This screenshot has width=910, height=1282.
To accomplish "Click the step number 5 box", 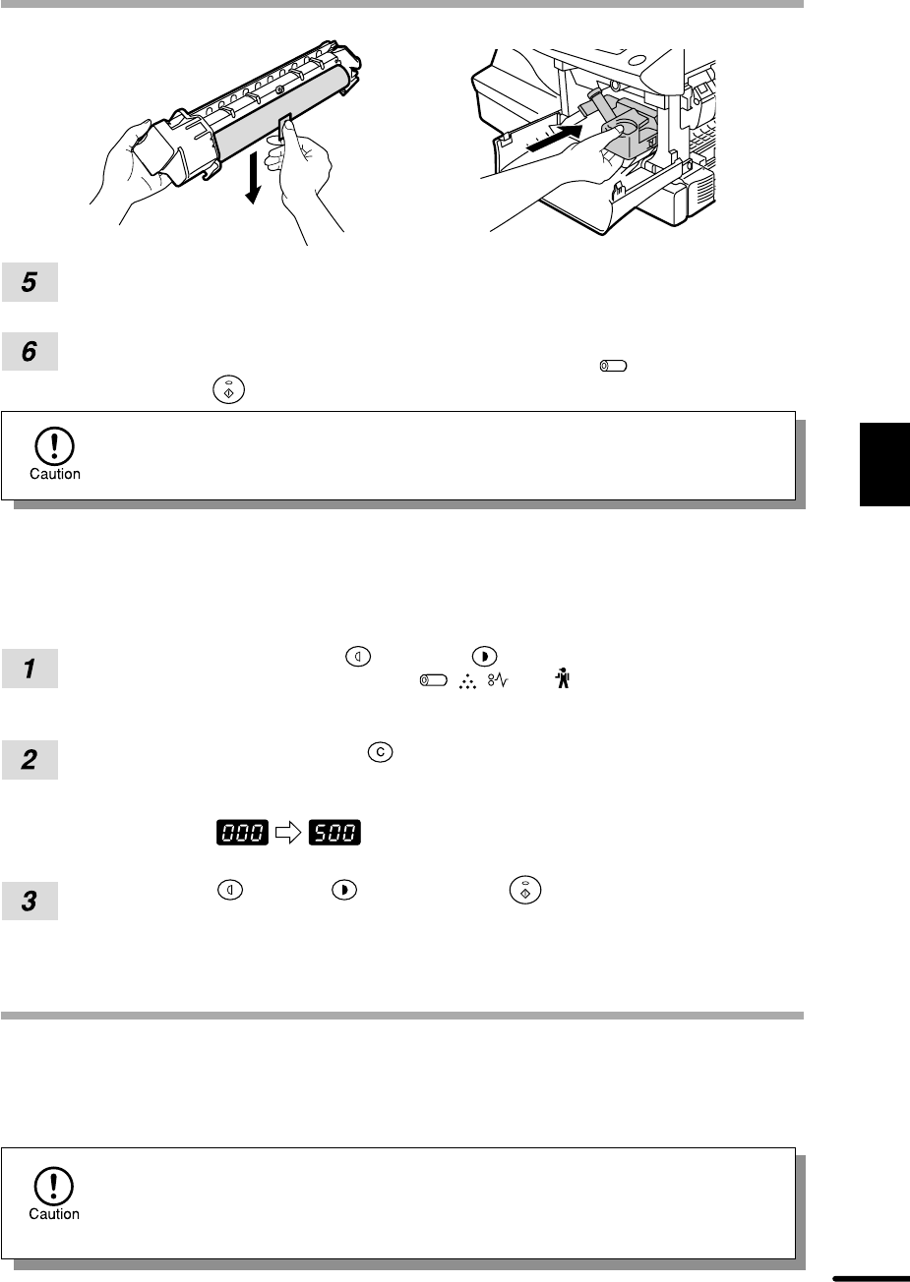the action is (x=30, y=282).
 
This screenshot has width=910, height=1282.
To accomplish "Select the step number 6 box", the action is (x=30, y=351).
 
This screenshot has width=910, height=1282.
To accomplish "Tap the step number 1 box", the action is (x=30, y=669).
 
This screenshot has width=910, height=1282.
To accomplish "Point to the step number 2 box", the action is (x=30, y=760).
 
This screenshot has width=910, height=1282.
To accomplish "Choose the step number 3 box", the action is (x=30, y=901).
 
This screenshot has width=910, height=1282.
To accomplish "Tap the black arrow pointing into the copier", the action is (x=554, y=139).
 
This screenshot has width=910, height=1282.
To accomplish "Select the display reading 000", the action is (x=242, y=832).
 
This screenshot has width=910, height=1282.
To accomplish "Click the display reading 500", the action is (x=334, y=832).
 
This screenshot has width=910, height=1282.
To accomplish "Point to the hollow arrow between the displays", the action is (x=288, y=832).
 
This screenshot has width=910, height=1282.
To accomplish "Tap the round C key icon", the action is (x=381, y=752).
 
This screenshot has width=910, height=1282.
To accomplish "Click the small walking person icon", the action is (x=563, y=678).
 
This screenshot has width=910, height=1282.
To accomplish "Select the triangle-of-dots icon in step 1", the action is (x=468, y=681).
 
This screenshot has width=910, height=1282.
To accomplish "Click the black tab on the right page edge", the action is (x=884, y=464).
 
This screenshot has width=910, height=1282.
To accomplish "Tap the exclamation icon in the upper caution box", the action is (x=54, y=445).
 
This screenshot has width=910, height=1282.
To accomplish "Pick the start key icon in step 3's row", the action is (x=525, y=890).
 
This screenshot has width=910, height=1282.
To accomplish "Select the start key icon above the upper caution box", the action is (x=228, y=389).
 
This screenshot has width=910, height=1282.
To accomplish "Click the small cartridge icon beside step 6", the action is (x=613, y=366).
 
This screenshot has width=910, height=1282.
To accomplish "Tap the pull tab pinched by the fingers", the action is (x=285, y=127).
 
